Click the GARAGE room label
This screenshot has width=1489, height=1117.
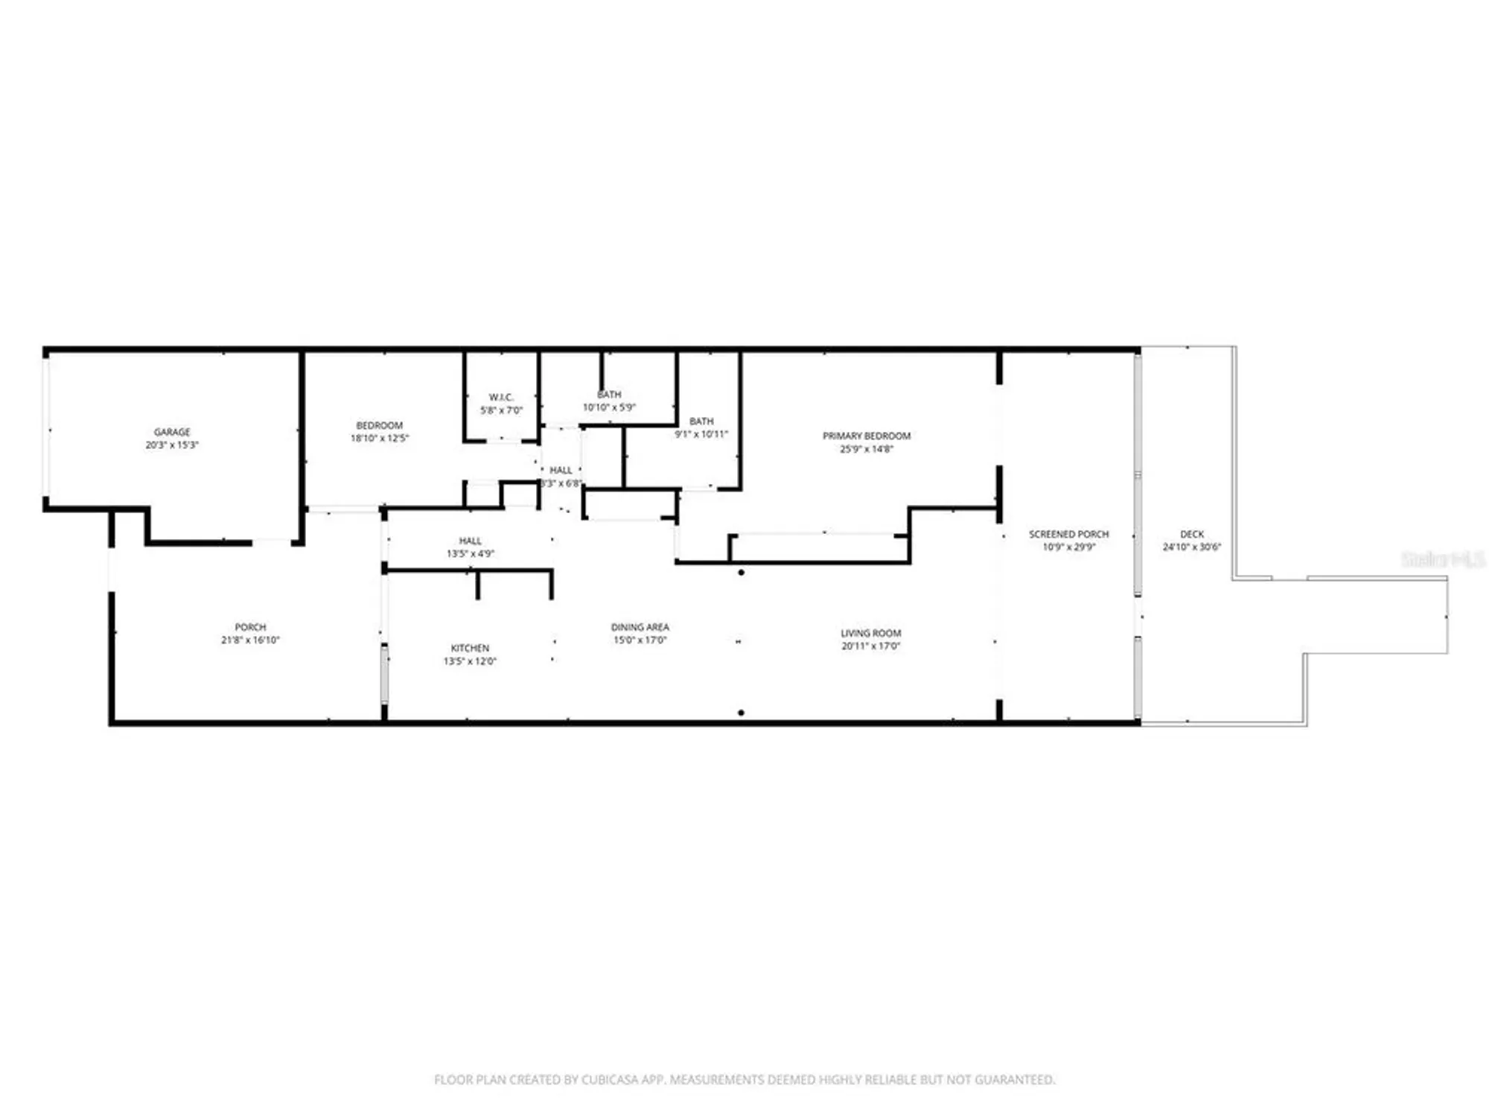[x=172, y=432]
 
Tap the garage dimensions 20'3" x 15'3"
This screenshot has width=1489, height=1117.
[x=172, y=445]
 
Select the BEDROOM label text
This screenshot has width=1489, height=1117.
[x=379, y=425]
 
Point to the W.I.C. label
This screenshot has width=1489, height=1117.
[x=501, y=397]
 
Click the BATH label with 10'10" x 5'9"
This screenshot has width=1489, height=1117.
[x=609, y=395]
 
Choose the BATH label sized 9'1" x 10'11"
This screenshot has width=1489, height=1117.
[x=701, y=421]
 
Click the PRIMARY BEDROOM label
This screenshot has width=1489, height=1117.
[x=866, y=436]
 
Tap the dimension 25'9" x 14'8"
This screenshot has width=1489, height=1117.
[x=866, y=449]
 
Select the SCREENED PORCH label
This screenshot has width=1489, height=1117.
[x=1068, y=534]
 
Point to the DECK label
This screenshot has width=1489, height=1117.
[x=1191, y=534]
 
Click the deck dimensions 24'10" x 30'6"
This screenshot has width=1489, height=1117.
[x=1191, y=547]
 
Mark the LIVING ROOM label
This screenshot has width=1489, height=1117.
[x=870, y=633]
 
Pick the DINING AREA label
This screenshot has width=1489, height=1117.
[x=640, y=627]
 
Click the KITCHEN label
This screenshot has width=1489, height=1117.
[x=470, y=648]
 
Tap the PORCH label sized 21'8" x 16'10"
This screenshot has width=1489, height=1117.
[x=250, y=627]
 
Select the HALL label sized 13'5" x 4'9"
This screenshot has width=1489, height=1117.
[x=470, y=541]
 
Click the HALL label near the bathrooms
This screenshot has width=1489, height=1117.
[x=561, y=470]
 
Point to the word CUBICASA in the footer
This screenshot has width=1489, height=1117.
[x=615, y=1079]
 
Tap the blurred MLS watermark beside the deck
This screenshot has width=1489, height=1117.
[x=1443, y=559]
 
